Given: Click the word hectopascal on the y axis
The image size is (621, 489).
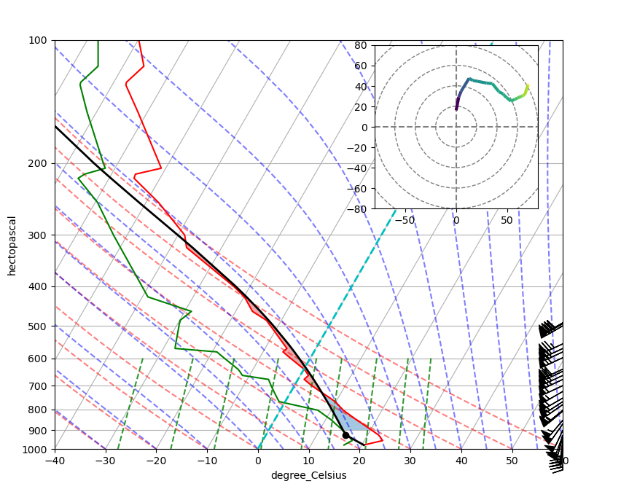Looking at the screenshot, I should click(12, 245).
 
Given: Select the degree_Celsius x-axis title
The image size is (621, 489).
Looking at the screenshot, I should click(308, 476).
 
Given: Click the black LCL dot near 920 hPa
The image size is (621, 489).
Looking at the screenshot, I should click(346, 435).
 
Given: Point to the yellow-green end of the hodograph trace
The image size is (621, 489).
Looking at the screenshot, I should click(526, 86).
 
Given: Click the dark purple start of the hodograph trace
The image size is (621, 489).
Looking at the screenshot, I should click(456, 109).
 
